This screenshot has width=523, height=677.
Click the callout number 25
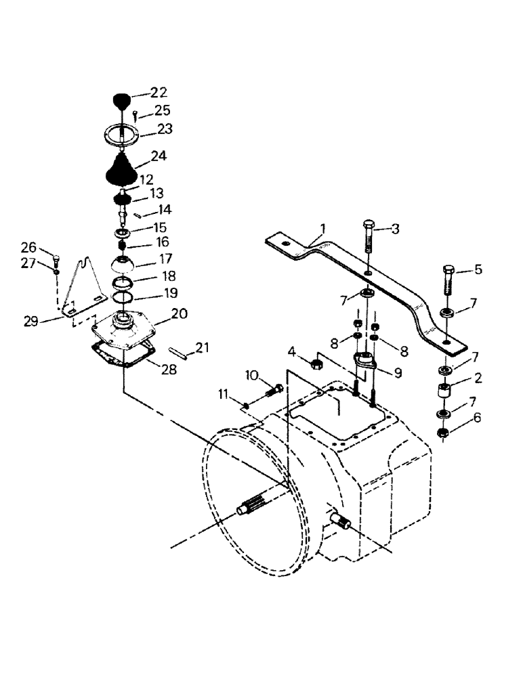click(x=162, y=110)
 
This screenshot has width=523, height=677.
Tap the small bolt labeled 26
click(x=57, y=258)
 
